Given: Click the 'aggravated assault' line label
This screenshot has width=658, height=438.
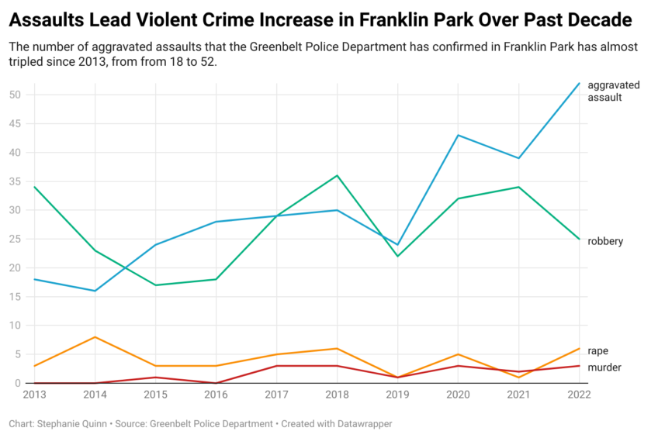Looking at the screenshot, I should (610, 91).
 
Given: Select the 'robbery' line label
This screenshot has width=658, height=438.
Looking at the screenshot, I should (605, 241).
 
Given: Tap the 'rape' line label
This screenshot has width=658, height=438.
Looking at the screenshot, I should (597, 351).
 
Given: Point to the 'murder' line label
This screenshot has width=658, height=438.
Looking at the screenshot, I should (604, 367).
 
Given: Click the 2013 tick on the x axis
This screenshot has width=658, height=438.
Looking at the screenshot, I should (34, 394).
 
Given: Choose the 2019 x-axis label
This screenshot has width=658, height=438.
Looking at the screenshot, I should (397, 394).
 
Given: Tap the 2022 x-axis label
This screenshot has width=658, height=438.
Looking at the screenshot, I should (579, 394).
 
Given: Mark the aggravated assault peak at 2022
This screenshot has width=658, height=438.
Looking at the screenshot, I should (579, 83).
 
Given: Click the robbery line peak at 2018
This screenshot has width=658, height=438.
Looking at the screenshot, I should (337, 175).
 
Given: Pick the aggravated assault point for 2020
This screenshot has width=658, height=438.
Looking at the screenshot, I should (458, 135).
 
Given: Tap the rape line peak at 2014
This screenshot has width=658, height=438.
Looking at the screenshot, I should (95, 336).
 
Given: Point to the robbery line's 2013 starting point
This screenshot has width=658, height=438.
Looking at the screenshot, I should (34, 187).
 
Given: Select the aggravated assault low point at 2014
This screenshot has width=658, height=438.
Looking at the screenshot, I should (95, 291).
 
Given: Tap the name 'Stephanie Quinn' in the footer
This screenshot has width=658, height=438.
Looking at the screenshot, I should (74, 424).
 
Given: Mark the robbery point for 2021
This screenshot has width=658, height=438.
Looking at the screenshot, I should (518, 187).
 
